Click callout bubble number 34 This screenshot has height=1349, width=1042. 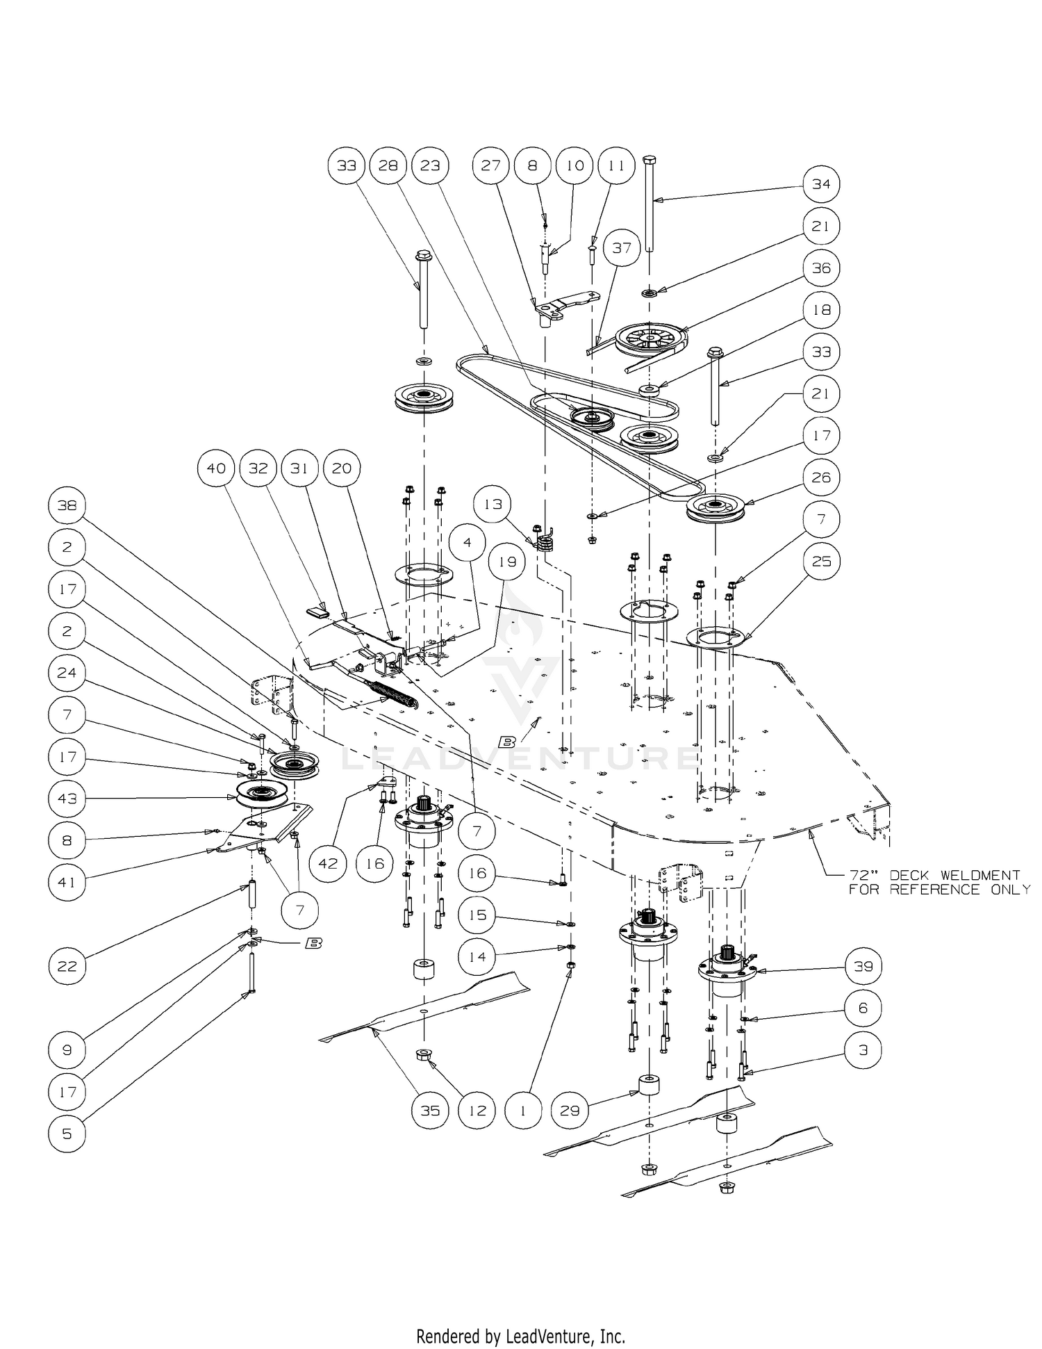[821, 184]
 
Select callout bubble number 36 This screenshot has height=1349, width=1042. [821, 268]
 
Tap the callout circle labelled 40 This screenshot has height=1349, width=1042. [216, 468]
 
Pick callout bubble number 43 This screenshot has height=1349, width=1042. [67, 799]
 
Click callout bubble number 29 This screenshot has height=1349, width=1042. [570, 1111]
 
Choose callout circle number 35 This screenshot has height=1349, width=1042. [430, 1111]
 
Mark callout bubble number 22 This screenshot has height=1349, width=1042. [67, 966]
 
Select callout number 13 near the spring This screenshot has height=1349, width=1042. [493, 504]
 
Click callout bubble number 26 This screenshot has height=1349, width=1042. [821, 477]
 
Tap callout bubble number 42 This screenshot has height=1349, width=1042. [328, 863]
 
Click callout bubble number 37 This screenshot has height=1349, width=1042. [622, 247]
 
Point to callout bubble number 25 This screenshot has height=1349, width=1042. [821, 561]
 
